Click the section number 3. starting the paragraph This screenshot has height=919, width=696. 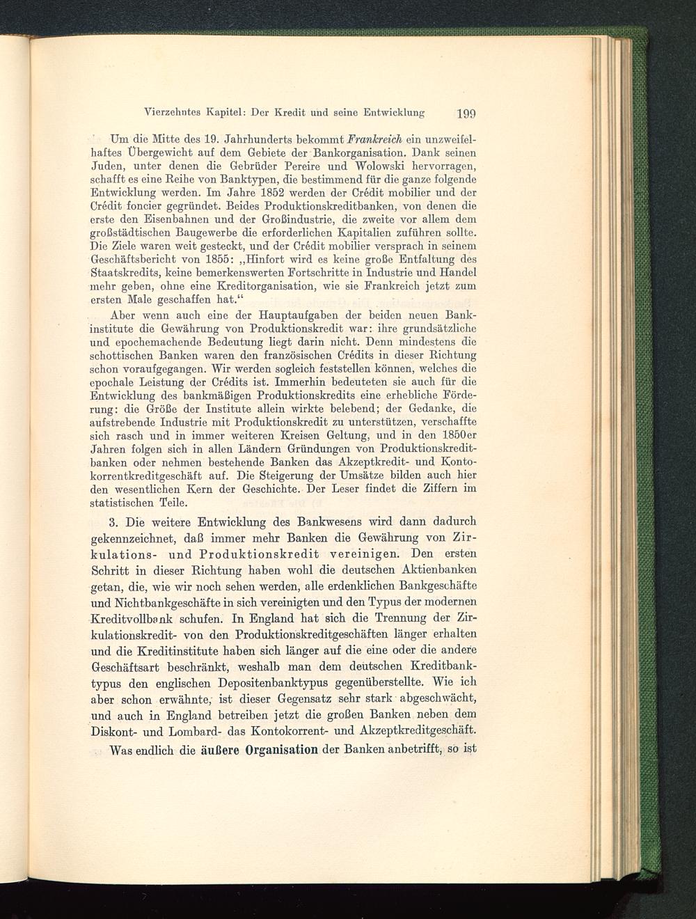116,522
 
